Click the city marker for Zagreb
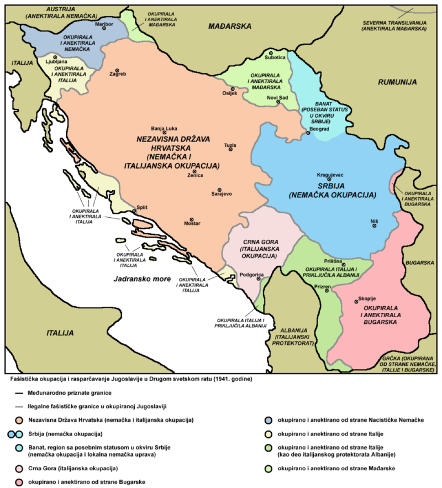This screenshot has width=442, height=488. click(x=118, y=70)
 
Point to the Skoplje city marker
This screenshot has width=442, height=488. click(x=356, y=302)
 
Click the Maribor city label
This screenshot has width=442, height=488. click(x=104, y=23)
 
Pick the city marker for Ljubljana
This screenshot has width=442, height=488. click(x=55, y=57)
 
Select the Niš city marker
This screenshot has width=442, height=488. click(x=374, y=226)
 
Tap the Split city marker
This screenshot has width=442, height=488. click(x=135, y=211)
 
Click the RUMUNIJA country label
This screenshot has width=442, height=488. click(x=397, y=82)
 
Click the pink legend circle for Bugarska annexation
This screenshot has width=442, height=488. click(x=18, y=482)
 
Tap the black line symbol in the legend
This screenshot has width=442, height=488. click(x=18, y=393)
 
